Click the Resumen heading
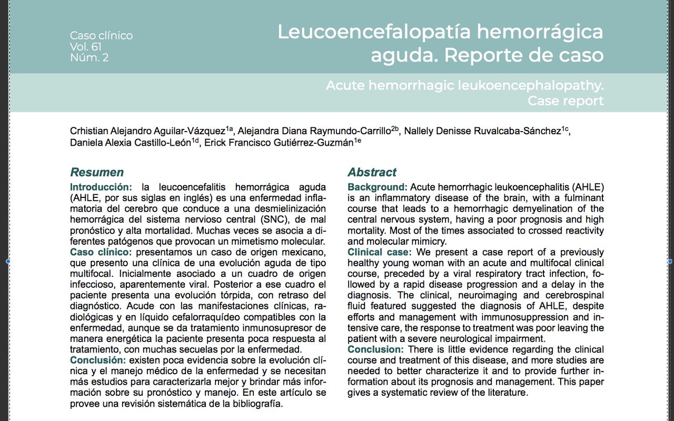(x=97, y=172)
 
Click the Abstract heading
(x=372, y=172)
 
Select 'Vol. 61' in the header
(x=86, y=46)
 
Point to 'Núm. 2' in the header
(x=89, y=57)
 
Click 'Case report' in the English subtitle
(x=566, y=101)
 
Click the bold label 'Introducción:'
(x=101, y=187)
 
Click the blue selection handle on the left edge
(x=7, y=261)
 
